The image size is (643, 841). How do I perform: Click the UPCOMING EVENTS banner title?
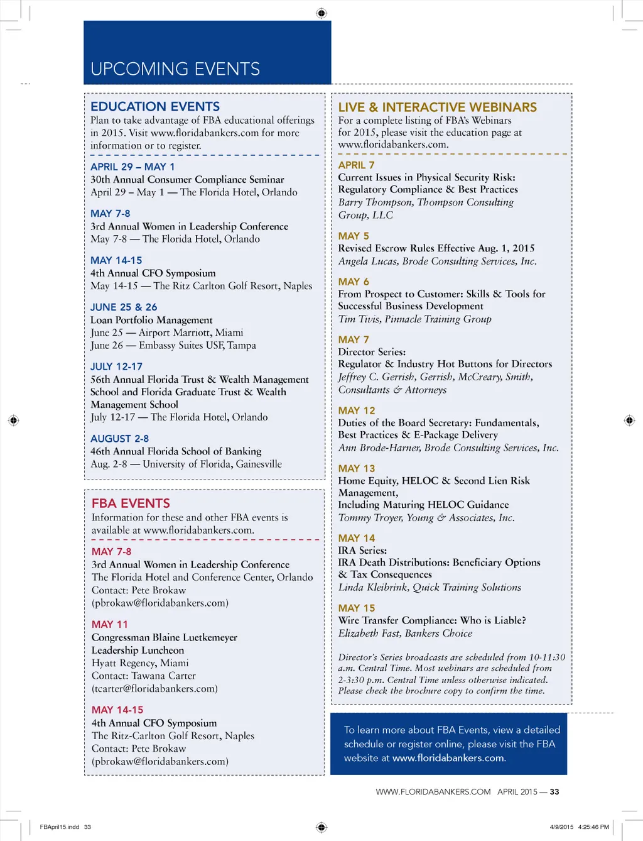click(175, 69)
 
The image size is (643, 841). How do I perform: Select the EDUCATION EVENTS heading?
click(155, 106)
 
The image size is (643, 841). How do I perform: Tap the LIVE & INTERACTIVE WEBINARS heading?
click(437, 107)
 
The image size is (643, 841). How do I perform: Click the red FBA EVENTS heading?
click(131, 503)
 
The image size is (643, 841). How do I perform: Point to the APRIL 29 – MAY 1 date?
click(132, 167)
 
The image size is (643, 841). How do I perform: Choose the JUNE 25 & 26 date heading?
click(124, 307)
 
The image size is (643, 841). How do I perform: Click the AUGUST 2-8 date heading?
click(119, 438)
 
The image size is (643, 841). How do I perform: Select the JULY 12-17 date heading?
click(116, 366)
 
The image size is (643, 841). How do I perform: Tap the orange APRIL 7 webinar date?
click(356, 165)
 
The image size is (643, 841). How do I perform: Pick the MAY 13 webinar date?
click(356, 468)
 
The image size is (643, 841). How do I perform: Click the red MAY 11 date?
click(109, 624)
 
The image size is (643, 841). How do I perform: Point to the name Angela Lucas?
click(367, 261)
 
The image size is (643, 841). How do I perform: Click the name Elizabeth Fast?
click(369, 633)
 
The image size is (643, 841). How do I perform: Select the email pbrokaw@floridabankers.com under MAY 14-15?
click(160, 761)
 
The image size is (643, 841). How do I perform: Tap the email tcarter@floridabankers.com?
click(154, 688)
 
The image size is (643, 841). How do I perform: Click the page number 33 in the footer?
click(554, 792)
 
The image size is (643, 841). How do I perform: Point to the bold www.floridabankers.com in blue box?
click(448, 758)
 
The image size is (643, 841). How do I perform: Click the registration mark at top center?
click(321, 13)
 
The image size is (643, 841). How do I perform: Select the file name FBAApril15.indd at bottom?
click(59, 827)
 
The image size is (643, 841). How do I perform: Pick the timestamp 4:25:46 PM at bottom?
click(593, 827)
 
